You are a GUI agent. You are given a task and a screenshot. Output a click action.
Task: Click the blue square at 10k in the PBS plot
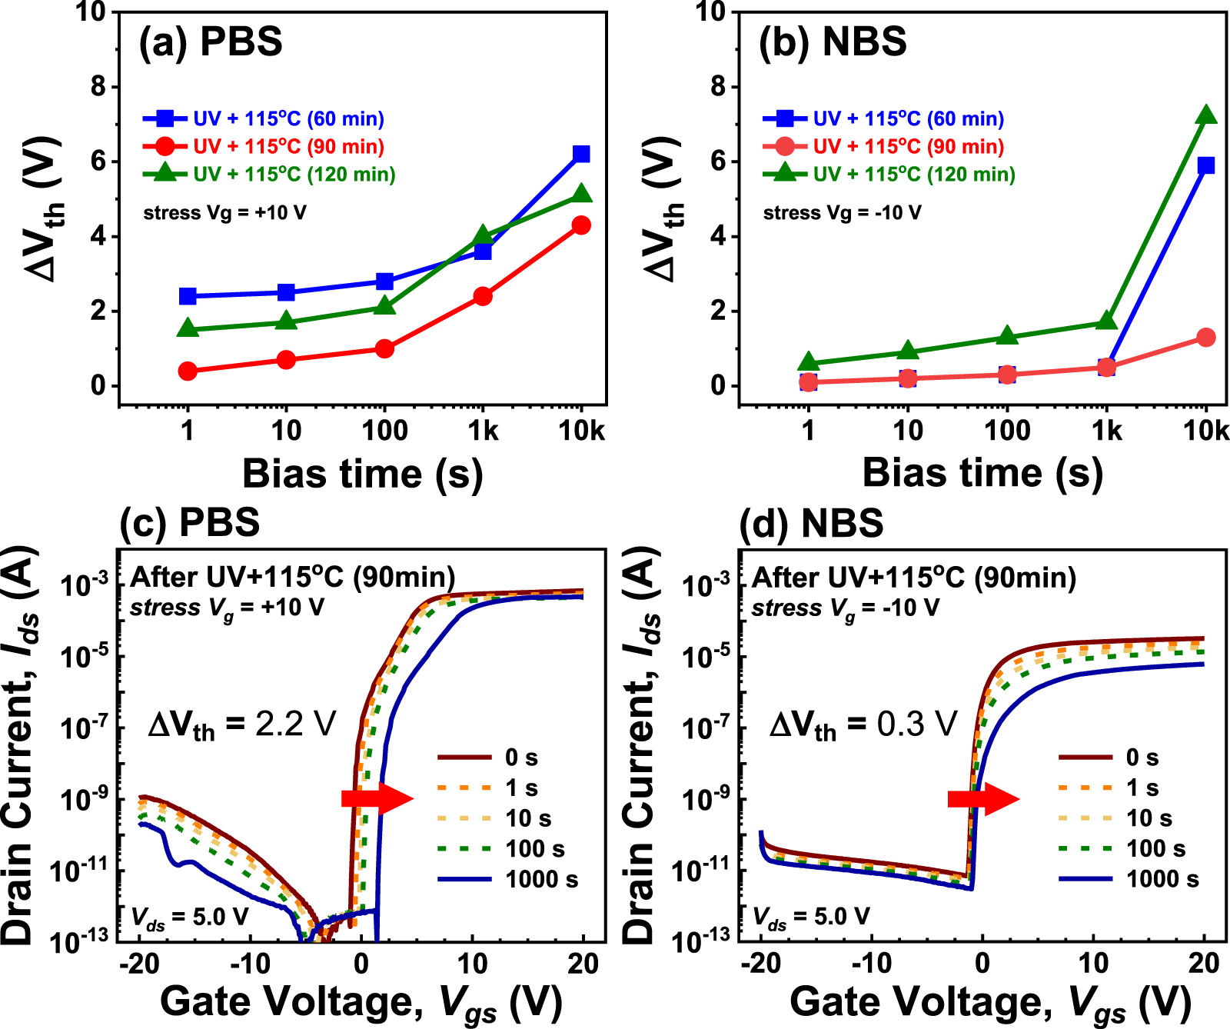tap(581, 154)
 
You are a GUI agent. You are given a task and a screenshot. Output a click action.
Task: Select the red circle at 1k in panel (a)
tap(482, 296)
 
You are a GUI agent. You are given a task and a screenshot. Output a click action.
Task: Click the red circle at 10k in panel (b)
tap(1205, 338)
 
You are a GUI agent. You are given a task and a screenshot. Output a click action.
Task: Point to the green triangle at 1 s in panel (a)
tap(188, 328)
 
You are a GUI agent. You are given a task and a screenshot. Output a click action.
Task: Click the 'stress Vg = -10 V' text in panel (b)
tap(841, 213)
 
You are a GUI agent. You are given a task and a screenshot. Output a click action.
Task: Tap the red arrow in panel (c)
tap(377, 798)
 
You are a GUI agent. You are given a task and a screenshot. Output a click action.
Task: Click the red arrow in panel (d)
tap(983, 798)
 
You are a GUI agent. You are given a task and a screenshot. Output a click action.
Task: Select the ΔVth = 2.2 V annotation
tap(242, 724)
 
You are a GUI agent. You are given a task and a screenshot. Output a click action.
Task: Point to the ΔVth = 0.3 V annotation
tap(863, 724)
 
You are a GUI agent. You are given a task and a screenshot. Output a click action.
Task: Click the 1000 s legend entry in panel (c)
tap(508, 879)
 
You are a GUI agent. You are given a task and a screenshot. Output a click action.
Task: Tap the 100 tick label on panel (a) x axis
tap(384, 431)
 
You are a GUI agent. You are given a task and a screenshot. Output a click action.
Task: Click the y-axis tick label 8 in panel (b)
tap(718, 86)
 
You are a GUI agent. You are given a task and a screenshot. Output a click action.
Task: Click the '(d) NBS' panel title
tap(810, 524)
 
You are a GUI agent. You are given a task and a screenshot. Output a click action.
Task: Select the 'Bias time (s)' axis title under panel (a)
tap(362, 473)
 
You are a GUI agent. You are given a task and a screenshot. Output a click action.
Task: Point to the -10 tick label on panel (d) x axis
tap(872, 963)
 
